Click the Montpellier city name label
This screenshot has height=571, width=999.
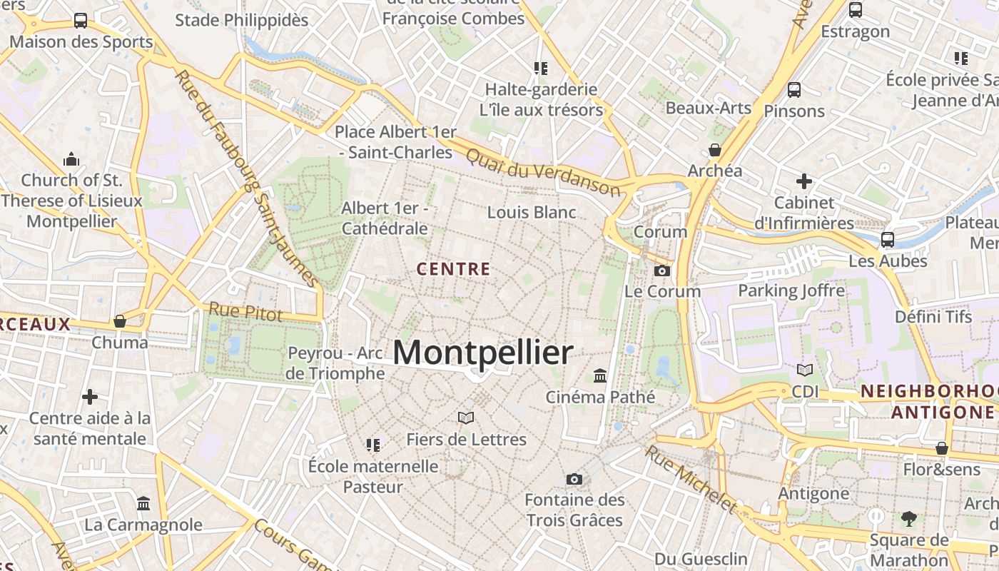tap(482, 353)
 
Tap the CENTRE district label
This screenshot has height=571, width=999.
tap(453, 269)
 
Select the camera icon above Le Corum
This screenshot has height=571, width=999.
tap(662, 271)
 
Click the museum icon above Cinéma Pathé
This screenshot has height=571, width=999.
tap(600, 375)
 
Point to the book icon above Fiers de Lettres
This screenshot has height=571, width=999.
tap(466, 418)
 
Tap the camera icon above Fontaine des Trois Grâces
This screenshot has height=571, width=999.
tap(574, 479)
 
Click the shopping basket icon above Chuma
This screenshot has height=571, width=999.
tap(120, 321)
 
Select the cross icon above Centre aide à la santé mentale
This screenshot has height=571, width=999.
tap(90, 396)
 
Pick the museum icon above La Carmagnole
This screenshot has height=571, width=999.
tap(143, 504)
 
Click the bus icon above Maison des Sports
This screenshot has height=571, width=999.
tap(81, 21)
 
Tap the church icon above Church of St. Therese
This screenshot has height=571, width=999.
tap(71, 158)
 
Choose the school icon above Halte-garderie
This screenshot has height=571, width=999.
tap(541, 69)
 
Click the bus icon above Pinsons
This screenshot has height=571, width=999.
tap(793, 90)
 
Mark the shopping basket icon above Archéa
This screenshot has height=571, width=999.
tap(714, 150)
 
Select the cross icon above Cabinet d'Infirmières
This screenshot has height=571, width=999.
tap(804, 181)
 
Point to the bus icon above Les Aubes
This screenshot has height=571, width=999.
tap(888, 240)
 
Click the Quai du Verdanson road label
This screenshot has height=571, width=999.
tap(542, 171)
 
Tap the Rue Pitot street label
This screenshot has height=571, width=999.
tap(245, 311)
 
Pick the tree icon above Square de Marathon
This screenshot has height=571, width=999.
tap(908, 518)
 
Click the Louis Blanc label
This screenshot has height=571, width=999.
tap(532, 212)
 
